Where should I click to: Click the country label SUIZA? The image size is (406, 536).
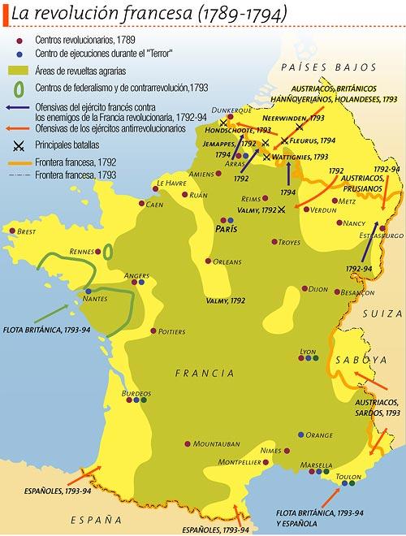[x=382, y=313]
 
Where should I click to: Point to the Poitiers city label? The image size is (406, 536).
[x=173, y=331]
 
